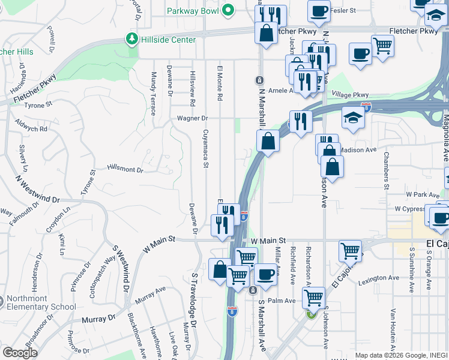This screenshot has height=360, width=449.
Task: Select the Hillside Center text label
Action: (x=169, y=40)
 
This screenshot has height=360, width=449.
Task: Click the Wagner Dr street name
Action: (x=191, y=118)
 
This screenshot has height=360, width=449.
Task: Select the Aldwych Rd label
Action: (x=35, y=129)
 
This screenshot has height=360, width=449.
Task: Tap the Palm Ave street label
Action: (x=282, y=301)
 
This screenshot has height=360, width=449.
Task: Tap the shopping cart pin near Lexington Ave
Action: (x=350, y=251)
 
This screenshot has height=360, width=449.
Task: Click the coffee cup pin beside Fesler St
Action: (x=319, y=11)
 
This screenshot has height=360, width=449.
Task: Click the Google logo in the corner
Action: (x=19, y=353)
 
